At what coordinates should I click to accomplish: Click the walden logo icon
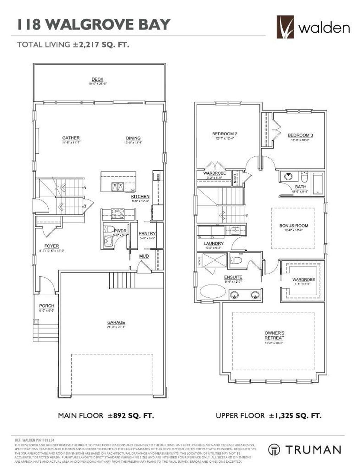(x=285, y=27)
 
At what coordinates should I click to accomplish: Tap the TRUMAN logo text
(x=313, y=450)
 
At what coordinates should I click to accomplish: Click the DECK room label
(x=97, y=79)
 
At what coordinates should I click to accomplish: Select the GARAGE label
(x=116, y=322)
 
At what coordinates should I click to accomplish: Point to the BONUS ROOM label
(x=294, y=226)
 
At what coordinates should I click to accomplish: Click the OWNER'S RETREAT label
(x=274, y=335)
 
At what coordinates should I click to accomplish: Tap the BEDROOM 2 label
(x=225, y=134)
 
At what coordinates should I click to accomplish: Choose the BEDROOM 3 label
(x=300, y=135)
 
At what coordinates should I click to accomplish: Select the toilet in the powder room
(x=109, y=229)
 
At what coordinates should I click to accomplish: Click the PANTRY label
(x=147, y=233)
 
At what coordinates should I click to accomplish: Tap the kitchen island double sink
(x=117, y=186)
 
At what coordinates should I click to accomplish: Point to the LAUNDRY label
(x=213, y=243)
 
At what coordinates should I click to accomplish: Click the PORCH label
(x=46, y=306)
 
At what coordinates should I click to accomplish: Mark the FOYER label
(x=51, y=246)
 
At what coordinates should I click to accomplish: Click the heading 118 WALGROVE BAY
(x=94, y=25)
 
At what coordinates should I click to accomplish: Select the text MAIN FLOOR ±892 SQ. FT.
(x=106, y=416)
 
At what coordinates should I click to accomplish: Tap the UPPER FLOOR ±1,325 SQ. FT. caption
(x=268, y=416)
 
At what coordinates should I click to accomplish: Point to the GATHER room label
(x=71, y=138)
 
